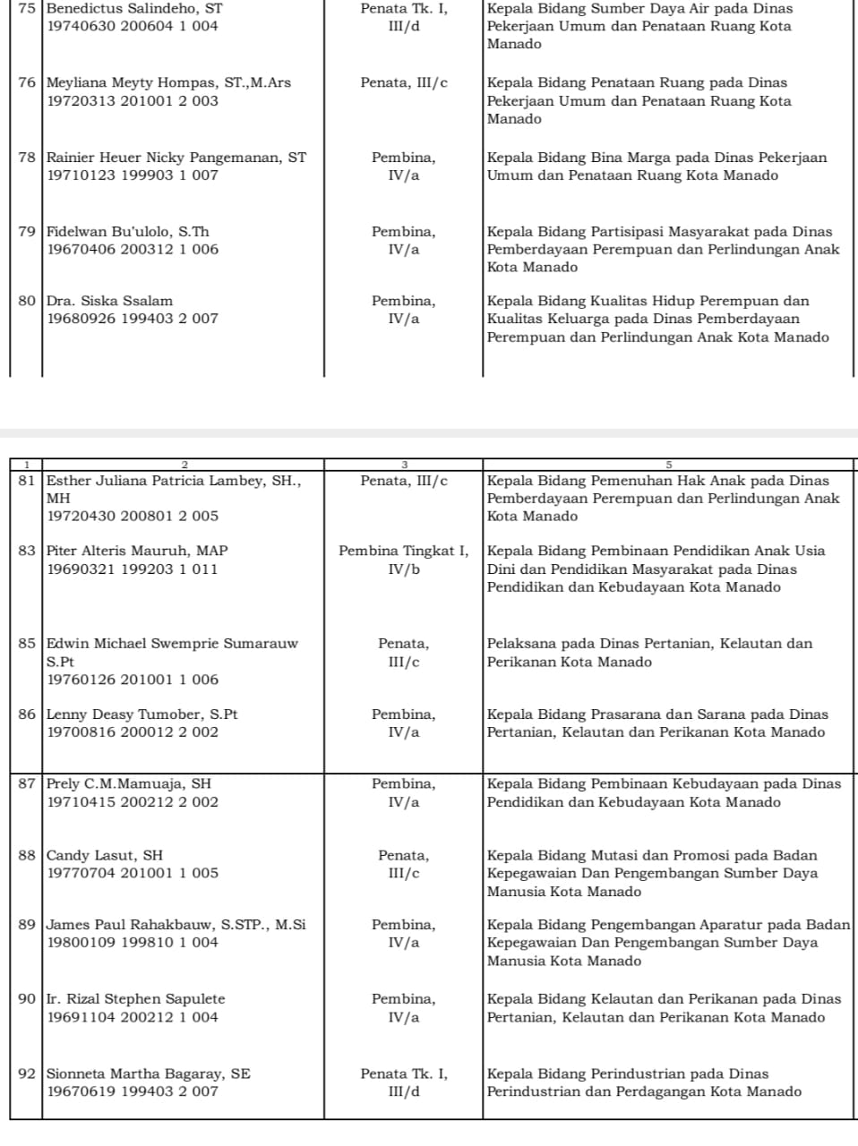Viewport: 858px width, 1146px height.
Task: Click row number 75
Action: point(26,8)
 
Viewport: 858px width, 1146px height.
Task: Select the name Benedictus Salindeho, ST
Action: point(134,8)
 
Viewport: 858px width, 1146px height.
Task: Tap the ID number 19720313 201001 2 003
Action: point(133,101)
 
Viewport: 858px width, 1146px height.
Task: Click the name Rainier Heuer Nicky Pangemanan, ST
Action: point(176,158)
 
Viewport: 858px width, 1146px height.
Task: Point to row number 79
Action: point(26,232)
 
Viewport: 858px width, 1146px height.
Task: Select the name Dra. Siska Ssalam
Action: point(109,301)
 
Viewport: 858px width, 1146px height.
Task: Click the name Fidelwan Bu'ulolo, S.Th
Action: point(128,232)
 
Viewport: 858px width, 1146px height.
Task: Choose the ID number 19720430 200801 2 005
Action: point(133,516)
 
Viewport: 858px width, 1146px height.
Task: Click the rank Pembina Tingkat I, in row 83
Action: point(403,551)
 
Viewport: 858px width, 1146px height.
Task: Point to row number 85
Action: point(26,644)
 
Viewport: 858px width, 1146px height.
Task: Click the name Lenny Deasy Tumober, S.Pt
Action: point(142,714)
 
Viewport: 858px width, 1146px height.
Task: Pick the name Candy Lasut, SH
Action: point(105,855)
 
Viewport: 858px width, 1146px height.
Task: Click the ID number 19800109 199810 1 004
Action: point(133,943)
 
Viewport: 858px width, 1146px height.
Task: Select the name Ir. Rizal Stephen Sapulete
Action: point(136,999)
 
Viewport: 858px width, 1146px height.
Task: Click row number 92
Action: point(26,1073)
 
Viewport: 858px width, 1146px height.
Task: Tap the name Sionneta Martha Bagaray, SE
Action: point(149,1073)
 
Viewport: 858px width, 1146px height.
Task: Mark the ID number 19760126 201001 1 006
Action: point(133,680)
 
